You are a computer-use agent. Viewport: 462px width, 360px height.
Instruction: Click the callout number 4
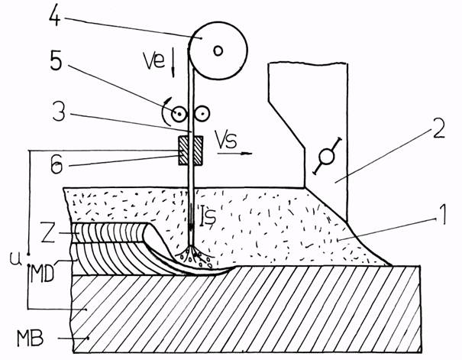(55, 15)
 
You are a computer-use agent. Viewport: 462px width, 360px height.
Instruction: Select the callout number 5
(57, 61)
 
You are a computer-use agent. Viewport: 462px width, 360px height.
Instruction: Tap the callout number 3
(59, 112)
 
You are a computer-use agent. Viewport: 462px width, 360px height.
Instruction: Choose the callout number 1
(441, 216)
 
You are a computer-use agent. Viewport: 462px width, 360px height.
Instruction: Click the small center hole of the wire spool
(218, 51)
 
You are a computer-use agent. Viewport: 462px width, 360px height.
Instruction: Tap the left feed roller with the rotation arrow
(179, 114)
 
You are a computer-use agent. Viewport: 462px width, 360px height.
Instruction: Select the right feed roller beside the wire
(202, 114)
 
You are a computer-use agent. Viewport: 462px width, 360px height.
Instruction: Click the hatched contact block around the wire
(190, 151)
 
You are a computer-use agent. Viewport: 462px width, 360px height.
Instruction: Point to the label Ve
(153, 60)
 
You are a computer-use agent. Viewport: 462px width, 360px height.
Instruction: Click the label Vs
(226, 138)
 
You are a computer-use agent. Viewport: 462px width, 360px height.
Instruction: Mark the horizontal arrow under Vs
(235, 154)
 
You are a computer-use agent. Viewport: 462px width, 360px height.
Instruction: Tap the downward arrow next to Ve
(173, 63)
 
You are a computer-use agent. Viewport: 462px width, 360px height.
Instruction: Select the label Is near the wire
(208, 216)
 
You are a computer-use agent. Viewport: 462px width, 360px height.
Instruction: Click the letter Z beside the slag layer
(48, 232)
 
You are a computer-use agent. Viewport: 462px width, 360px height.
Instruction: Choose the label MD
(43, 274)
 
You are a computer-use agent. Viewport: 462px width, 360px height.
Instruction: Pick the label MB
(31, 338)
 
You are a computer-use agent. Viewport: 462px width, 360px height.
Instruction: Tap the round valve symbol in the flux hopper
(327, 156)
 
